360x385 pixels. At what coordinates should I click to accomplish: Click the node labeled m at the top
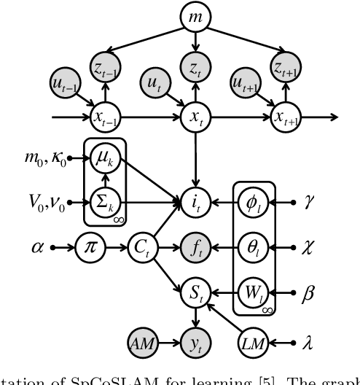[195, 16]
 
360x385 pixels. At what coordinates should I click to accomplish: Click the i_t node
[195, 198]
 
